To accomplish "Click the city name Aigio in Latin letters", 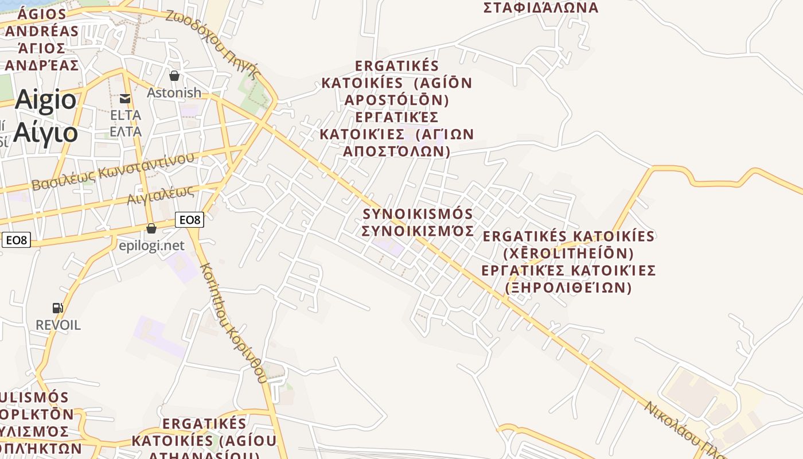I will pos(45,100).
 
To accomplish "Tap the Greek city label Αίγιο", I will pos(45,133).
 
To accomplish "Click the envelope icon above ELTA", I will pos(125,99).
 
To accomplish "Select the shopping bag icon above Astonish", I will pos(174,75).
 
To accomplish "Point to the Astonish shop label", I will pos(174,92).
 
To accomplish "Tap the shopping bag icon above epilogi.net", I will pos(151,228).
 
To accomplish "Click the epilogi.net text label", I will pos(151,246).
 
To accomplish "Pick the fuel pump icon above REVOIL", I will pos(58,308).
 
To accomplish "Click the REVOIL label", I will pos(58,325).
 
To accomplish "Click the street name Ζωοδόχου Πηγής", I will pos(213,43).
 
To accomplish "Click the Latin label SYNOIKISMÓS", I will pos(418,214).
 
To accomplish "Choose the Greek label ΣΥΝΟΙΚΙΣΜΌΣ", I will pos(418,231).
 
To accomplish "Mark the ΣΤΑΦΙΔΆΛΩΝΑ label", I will pos(541,8).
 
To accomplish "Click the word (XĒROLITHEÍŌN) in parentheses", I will pos(568,253).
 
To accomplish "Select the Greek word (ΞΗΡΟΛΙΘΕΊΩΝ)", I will pos(568,287).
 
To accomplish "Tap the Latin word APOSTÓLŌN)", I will pos(396,100).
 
